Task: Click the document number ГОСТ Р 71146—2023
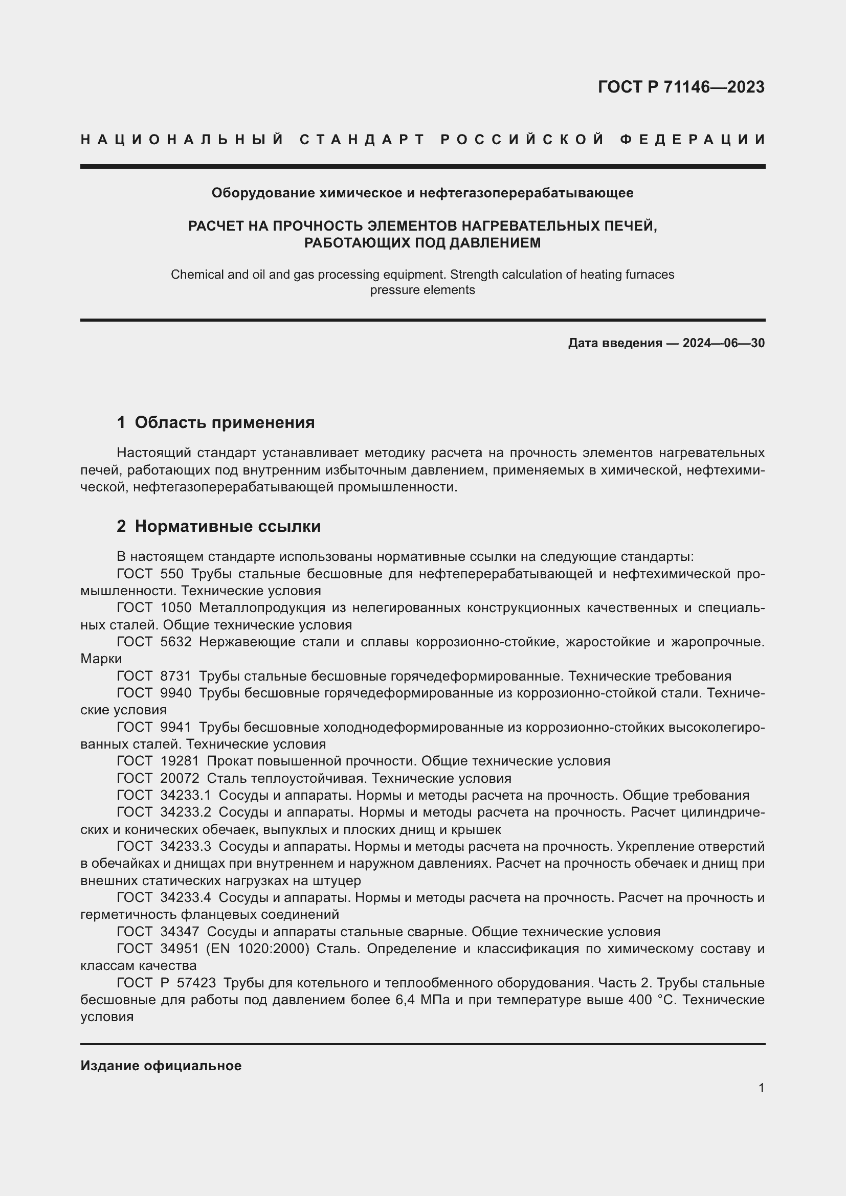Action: tap(681, 87)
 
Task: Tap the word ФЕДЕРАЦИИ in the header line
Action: tap(693, 140)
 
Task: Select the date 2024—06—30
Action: tap(724, 343)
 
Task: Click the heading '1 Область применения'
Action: tap(216, 422)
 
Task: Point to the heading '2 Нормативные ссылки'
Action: tap(219, 526)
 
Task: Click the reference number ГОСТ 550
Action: tap(150, 574)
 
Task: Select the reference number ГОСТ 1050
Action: tap(154, 607)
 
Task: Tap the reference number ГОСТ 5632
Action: tap(154, 642)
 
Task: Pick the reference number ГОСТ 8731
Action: tap(154, 676)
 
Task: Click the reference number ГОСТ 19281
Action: tap(158, 761)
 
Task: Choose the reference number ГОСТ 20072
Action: tap(158, 778)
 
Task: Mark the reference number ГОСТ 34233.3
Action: tap(164, 846)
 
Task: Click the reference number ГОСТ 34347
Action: tap(158, 931)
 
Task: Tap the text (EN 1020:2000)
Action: tap(258, 949)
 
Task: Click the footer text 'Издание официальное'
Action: tap(161, 1066)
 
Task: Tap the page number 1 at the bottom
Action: tap(761, 1088)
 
